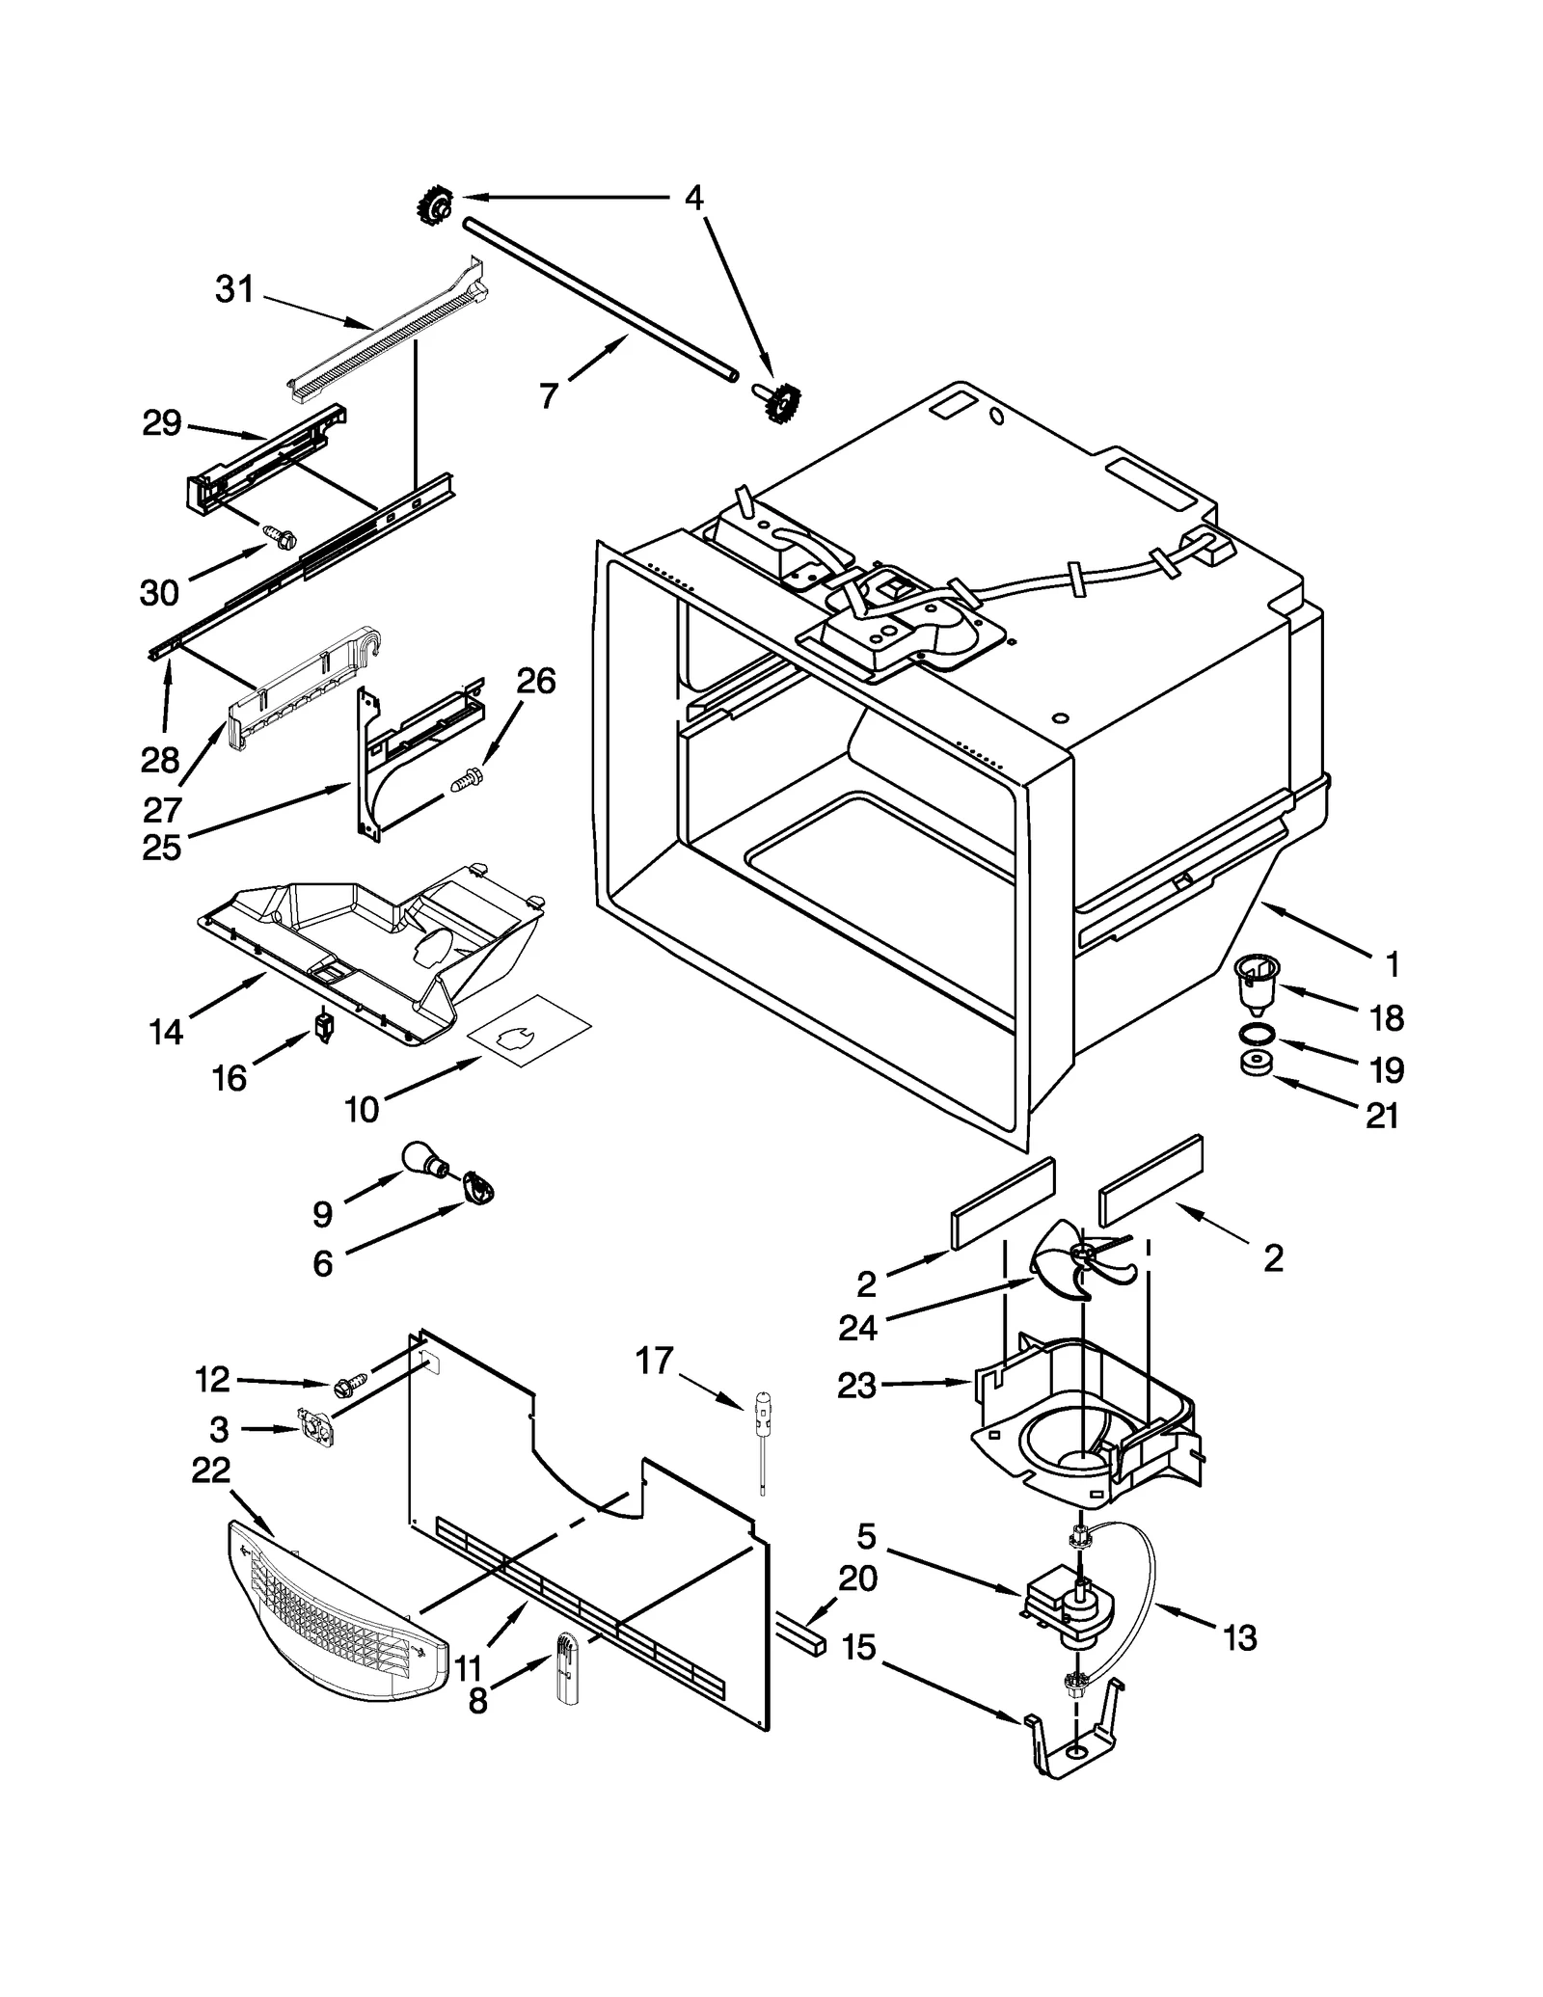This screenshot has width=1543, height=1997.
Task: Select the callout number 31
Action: pyautogui.click(x=233, y=288)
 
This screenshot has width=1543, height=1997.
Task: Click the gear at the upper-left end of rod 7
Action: pyautogui.click(x=435, y=204)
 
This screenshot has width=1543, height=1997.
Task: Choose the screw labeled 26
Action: pyautogui.click(x=467, y=779)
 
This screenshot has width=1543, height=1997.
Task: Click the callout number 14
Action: pyautogui.click(x=166, y=1032)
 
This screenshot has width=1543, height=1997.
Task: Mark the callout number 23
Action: pyautogui.click(x=856, y=1385)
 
